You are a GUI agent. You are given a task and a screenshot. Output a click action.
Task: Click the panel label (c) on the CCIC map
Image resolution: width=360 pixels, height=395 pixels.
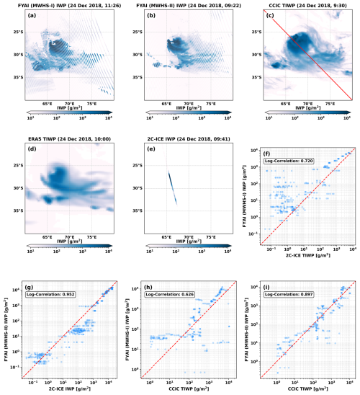click(271, 15)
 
